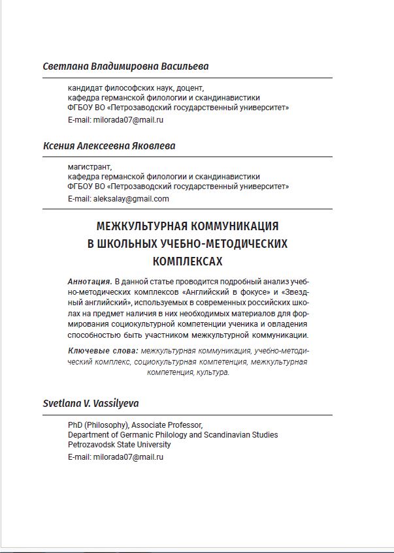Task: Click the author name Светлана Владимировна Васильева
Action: pyautogui.click(x=125, y=67)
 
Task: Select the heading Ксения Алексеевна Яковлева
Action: pyautogui.click(x=108, y=146)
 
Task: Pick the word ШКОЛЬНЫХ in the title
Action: pyautogui.click(x=126, y=244)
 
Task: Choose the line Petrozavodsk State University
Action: pyautogui.click(x=120, y=445)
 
